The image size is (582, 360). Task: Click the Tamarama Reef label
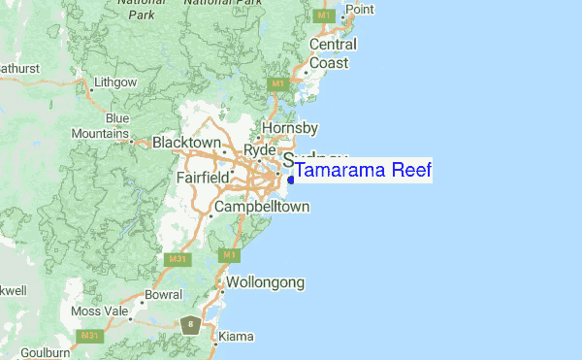click(363, 172)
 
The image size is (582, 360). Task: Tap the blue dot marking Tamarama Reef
click(291, 179)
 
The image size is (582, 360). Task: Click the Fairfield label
click(203, 178)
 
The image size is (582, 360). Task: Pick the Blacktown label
click(187, 143)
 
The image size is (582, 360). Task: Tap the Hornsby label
click(290, 127)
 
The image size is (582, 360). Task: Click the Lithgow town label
click(115, 82)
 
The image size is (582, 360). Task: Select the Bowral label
click(162, 293)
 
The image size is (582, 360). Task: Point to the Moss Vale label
click(100, 311)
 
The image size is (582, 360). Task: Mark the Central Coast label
click(329, 53)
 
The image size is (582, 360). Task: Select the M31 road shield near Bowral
click(176, 259)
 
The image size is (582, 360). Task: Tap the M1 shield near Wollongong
click(229, 255)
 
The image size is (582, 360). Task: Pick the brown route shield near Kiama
click(192, 324)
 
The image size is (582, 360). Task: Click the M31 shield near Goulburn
click(90, 336)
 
